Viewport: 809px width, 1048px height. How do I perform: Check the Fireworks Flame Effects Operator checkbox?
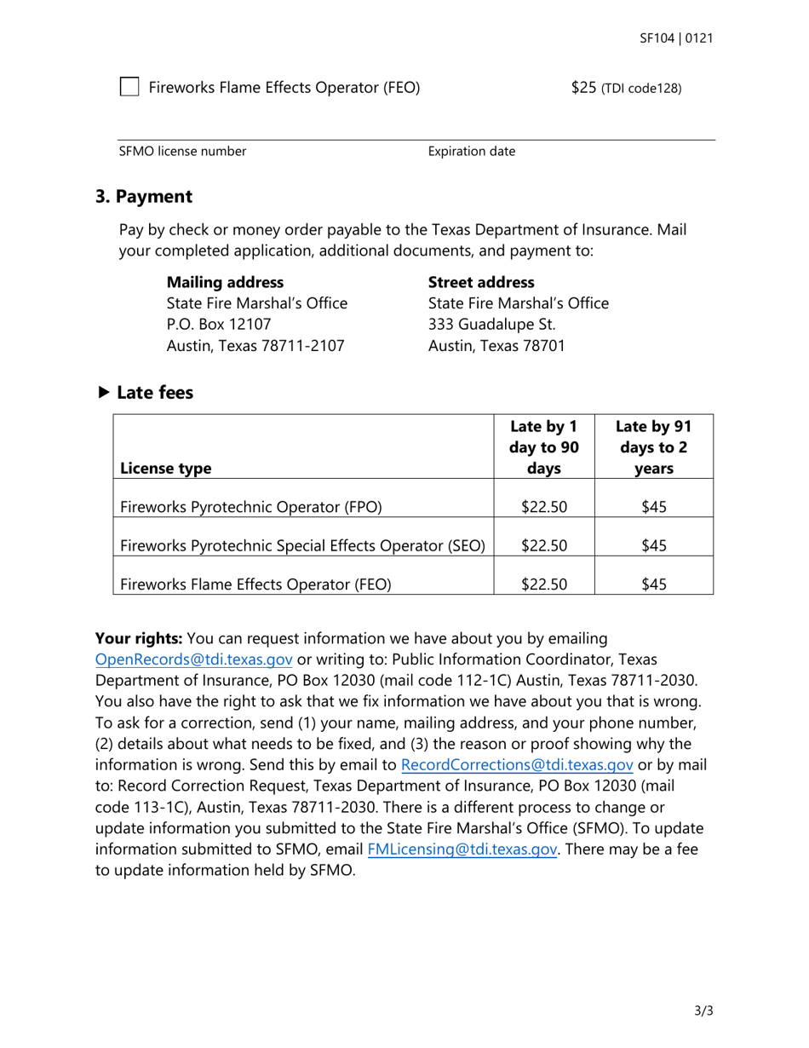point(129,87)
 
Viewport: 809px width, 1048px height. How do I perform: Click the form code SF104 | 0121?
point(676,38)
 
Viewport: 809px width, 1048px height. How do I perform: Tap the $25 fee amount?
point(584,87)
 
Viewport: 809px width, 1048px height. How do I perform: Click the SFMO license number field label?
point(182,152)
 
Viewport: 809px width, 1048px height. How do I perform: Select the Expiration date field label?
point(471,152)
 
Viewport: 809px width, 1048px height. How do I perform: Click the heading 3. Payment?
point(144,197)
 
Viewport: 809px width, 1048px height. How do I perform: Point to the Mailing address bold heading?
point(225,282)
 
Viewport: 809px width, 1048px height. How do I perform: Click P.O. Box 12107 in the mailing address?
point(219,325)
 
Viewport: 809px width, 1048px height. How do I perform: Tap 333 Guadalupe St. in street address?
point(491,325)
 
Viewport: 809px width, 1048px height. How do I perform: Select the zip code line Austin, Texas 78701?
point(496,346)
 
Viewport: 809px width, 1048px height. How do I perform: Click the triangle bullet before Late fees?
point(104,393)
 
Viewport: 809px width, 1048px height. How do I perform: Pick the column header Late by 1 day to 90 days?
point(543,447)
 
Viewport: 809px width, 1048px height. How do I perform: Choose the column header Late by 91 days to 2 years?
point(653,447)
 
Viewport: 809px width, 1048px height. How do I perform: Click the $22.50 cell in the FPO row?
point(543,507)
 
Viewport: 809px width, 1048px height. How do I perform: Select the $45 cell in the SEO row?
point(653,545)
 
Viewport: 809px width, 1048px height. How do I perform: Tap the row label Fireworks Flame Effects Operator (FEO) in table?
point(255,584)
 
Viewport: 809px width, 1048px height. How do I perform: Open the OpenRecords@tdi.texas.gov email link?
point(194,659)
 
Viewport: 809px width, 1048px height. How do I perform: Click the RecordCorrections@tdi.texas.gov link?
point(516,764)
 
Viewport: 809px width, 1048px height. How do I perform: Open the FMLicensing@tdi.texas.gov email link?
point(462,849)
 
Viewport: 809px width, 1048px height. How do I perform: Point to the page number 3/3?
point(703,1011)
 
